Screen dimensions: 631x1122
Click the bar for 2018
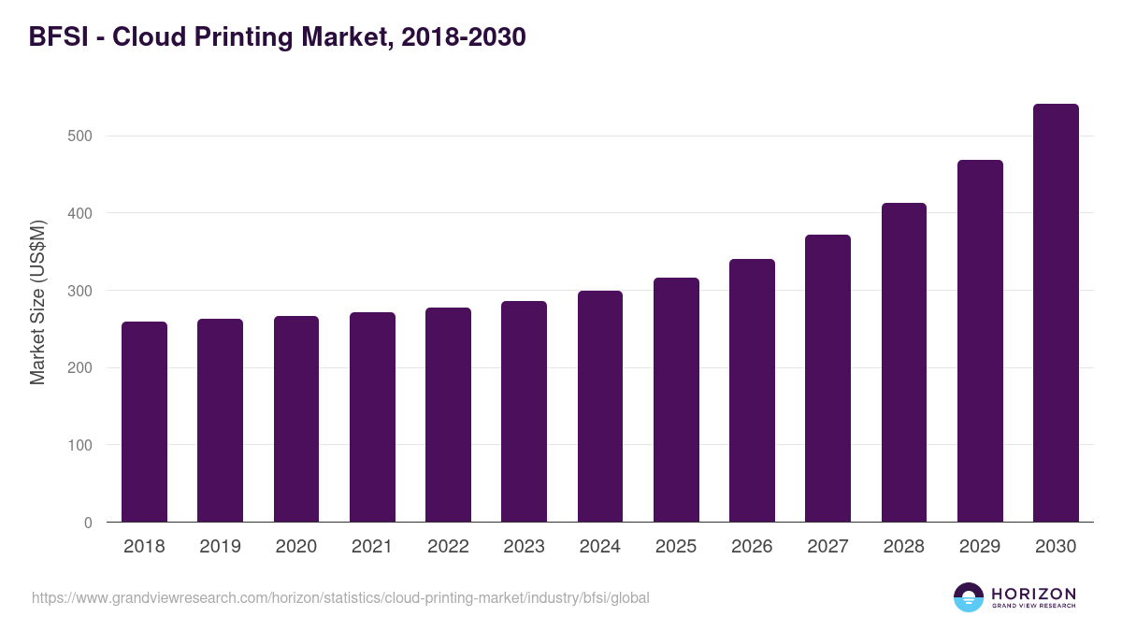(144, 423)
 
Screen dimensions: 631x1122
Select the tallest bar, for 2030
(1056, 313)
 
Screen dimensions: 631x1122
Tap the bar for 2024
(600, 407)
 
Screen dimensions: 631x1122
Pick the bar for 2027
(827, 379)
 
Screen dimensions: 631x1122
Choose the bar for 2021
(372, 418)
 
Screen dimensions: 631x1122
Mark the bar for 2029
(980, 341)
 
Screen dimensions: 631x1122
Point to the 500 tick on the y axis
(80, 136)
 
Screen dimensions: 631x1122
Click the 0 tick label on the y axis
(88, 523)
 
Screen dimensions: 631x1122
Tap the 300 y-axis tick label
(80, 291)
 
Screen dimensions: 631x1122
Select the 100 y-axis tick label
(80, 445)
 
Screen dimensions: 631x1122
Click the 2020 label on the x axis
(296, 547)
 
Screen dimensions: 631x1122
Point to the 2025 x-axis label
(676, 547)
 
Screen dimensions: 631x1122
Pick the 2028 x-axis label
(904, 547)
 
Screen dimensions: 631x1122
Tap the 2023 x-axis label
(524, 547)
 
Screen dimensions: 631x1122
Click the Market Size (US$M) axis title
(37, 303)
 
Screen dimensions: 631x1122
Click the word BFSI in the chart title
(60, 37)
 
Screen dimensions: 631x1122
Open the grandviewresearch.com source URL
(340, 597)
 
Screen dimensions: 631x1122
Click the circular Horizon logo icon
(969, 597)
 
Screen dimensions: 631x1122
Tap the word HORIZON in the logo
(1033, 594)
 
